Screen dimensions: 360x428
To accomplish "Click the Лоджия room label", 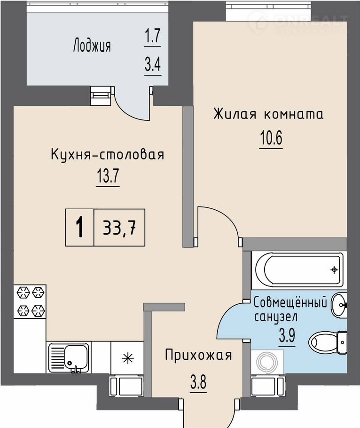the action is coord(92,46).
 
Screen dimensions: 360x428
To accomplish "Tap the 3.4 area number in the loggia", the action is coord(153,65).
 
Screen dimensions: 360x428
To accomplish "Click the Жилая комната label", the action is coord(268,114).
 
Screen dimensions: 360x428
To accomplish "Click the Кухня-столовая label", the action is coord(108,154).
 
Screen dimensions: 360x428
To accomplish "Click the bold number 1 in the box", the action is coord(79,227).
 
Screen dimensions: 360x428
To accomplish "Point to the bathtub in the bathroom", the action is coord(299,269).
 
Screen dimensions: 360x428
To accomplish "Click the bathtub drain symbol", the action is coord(334,270).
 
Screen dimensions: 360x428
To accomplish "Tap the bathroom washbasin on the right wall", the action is coord(339,305).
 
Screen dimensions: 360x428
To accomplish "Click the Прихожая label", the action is coord(198,355).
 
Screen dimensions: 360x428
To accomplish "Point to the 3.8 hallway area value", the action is coord(198,382).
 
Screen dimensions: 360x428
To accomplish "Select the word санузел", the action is coord(276,317).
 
